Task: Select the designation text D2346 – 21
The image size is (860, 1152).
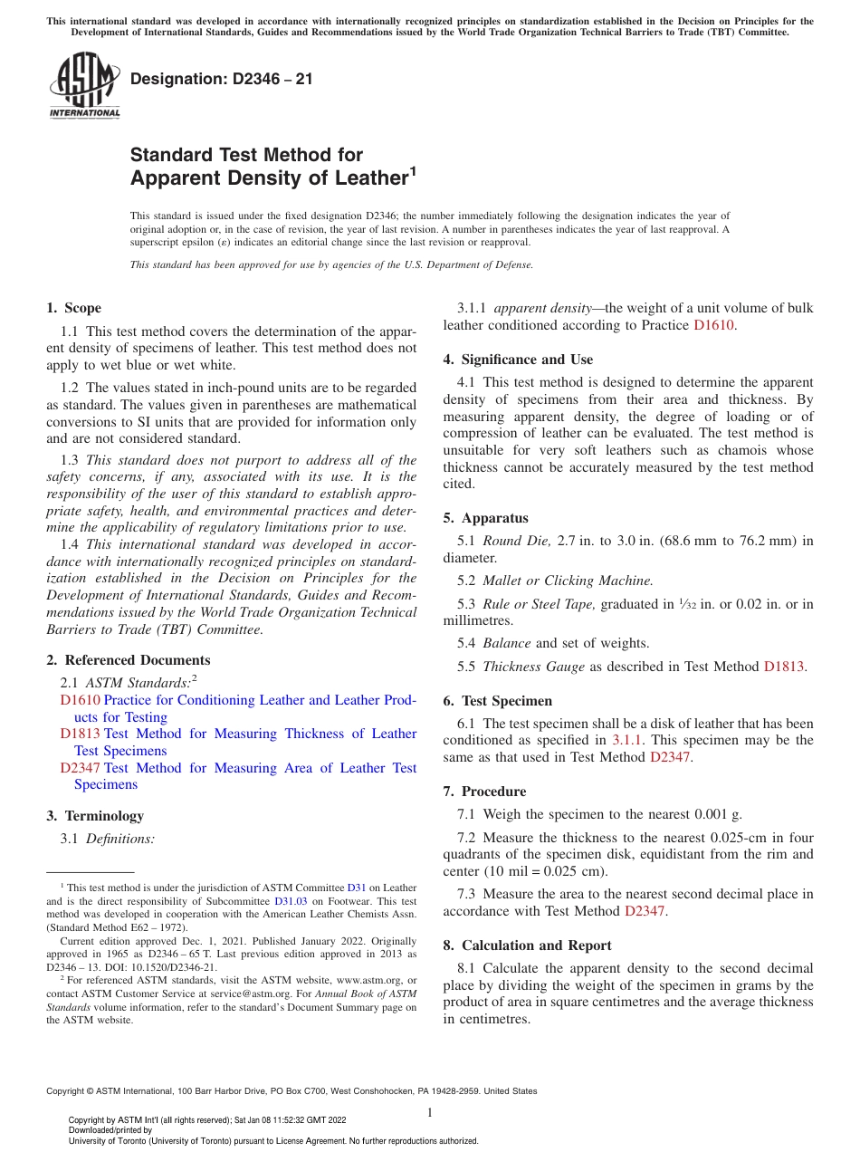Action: [x=221, y=79]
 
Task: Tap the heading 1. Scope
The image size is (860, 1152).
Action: [x=74, y=308]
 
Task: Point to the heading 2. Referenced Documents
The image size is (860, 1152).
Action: [x=129, y=660]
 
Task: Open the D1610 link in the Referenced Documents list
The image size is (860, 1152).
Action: [x=80, y=700]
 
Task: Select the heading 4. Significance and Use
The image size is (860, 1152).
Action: [x=518, y=360]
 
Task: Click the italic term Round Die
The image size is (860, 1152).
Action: [x=516, y=541]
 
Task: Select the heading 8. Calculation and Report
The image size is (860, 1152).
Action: [x=527, y=946]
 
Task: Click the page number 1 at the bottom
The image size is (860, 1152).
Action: [x=429, y=1113]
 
